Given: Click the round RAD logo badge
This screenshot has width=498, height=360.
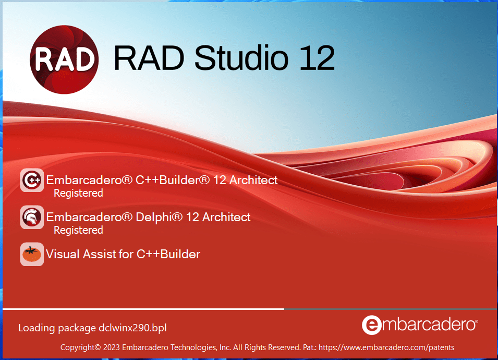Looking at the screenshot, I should [64, 58].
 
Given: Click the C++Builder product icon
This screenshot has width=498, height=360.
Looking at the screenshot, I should [31, 181].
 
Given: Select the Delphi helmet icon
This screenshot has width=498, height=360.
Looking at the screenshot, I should [31, 217].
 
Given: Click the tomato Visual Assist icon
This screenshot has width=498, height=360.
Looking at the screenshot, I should [31, 254].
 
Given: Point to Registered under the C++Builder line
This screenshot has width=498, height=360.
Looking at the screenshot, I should [78, 193].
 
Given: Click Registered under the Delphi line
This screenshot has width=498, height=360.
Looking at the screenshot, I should [78, 230].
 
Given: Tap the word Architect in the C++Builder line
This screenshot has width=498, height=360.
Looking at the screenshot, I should [253, 180].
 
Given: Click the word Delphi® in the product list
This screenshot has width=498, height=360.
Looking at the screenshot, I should [158, 217].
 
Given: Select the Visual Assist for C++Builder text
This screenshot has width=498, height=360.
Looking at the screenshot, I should [123, 254].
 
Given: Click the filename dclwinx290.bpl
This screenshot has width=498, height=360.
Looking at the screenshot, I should [132, 328].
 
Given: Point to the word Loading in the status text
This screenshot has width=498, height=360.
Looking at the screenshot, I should [37, 328].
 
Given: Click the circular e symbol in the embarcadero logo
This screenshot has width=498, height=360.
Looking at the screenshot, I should [371, 325].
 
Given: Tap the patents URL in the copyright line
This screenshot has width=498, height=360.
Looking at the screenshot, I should [386, 347].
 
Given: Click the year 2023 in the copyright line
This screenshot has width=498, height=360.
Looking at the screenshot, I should [112, 347].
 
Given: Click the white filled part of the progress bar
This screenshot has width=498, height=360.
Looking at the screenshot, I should [143, 309].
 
